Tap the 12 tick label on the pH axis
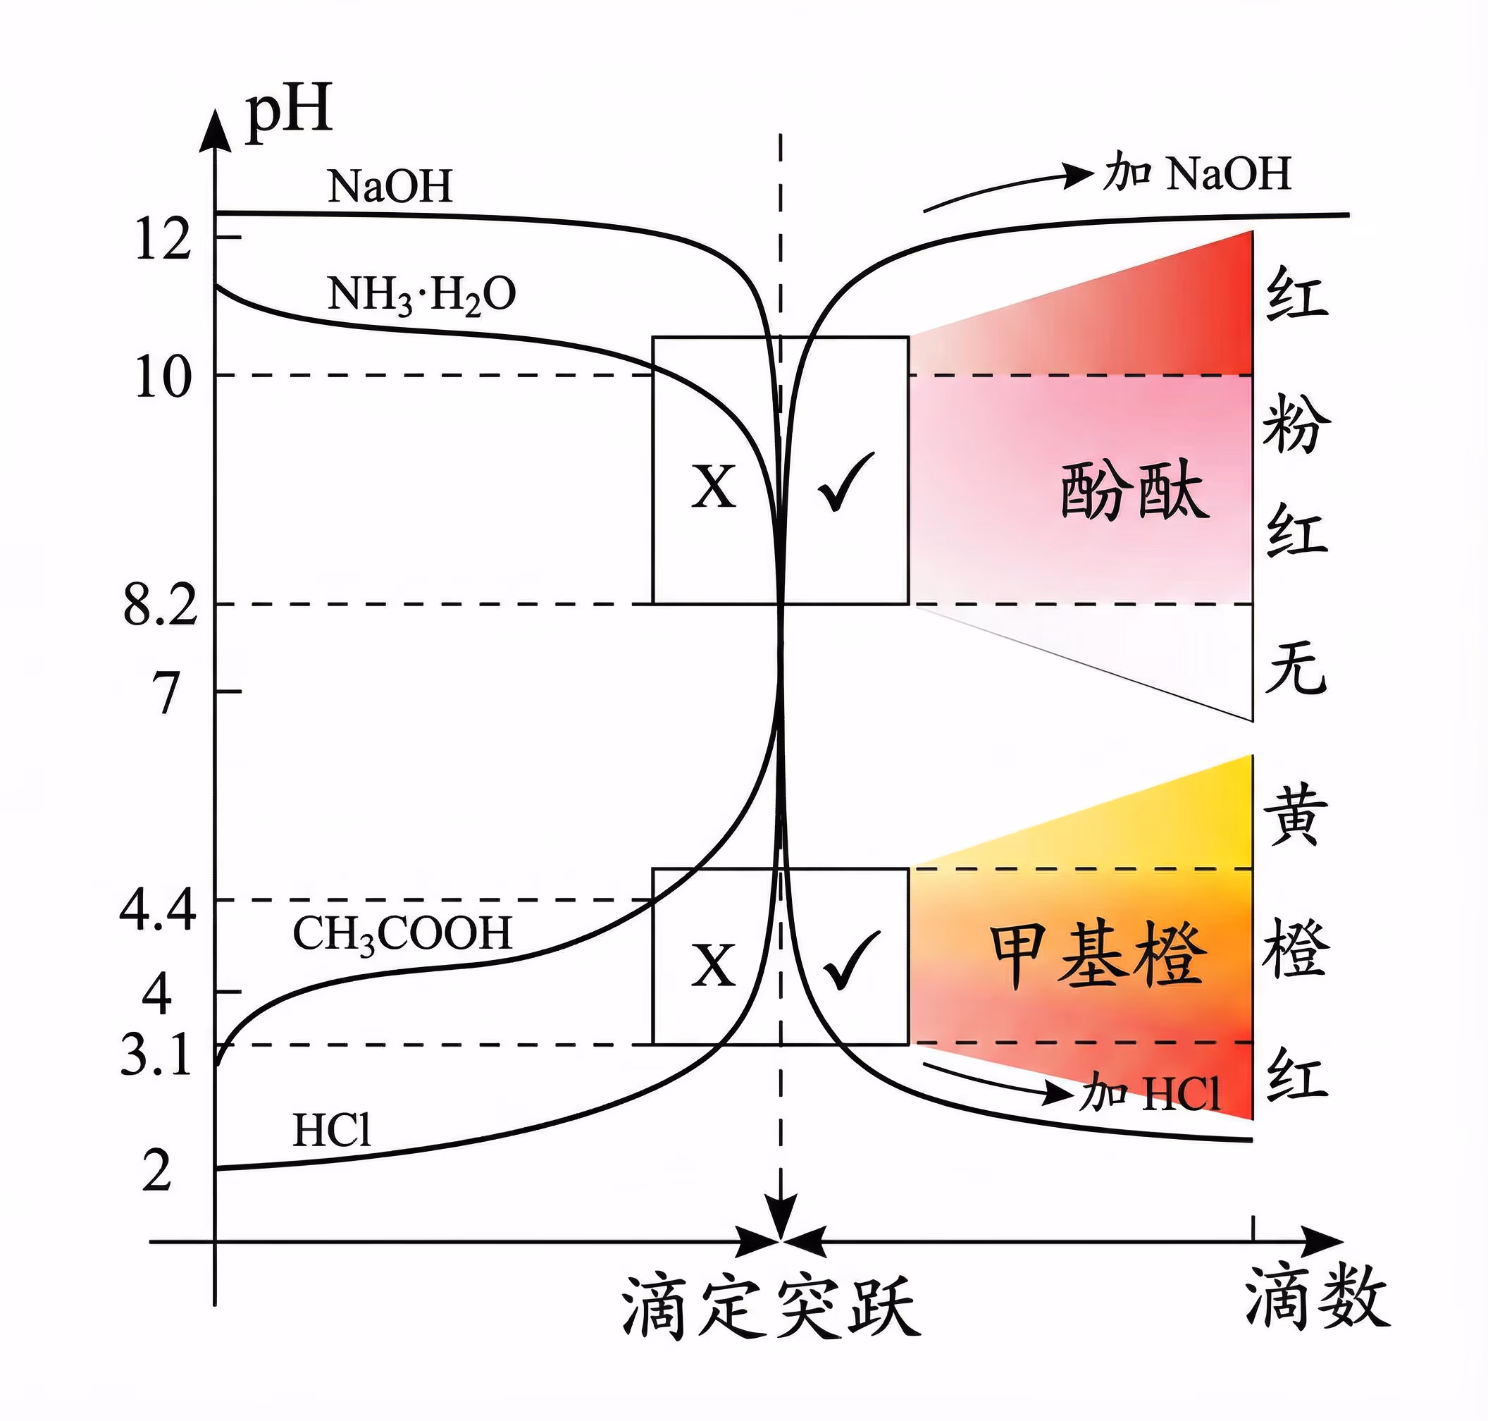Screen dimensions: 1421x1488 tap(162, 240)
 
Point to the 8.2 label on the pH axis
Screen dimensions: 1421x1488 tap(160, 606)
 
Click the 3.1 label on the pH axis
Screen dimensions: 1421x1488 tap(156, 1055)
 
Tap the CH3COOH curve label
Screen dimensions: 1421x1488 tap(402, 934)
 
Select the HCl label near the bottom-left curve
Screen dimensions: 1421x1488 tap(332, 1131)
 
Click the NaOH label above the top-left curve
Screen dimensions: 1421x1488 tap(390, 185)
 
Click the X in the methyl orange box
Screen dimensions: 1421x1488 tap(713, 966)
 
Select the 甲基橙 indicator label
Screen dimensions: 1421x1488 tap(1097, 955)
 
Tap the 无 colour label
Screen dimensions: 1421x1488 tap(1296, 670)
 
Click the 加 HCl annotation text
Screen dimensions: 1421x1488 tap(1151, 1093)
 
